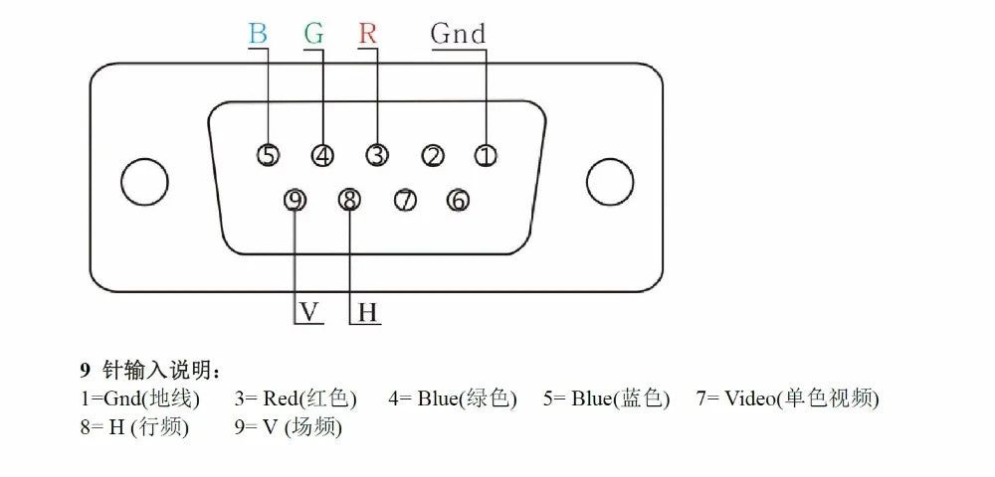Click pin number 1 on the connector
click(x=486, y=155)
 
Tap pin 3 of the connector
click(x=377, y=155)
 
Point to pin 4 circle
click(x=322, y=155)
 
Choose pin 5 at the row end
click(x=268, y=155)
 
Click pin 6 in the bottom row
click(x=457, y=200)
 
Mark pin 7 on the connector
click(x=404, y=200)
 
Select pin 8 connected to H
click(x=349, y=200)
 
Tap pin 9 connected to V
click(x=295, y=200)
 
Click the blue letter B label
click(x=258, y=33)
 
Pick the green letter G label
click(x=314, y=33)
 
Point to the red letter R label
click(x=367, y=33)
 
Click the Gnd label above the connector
click(x=458, y=33)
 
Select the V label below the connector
click(x=309, y=312)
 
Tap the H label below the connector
click(x=367, y=312)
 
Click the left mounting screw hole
click(x=144, y=183)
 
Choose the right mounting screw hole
click(x=611, y=182)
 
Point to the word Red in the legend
click(x=280, y=398)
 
